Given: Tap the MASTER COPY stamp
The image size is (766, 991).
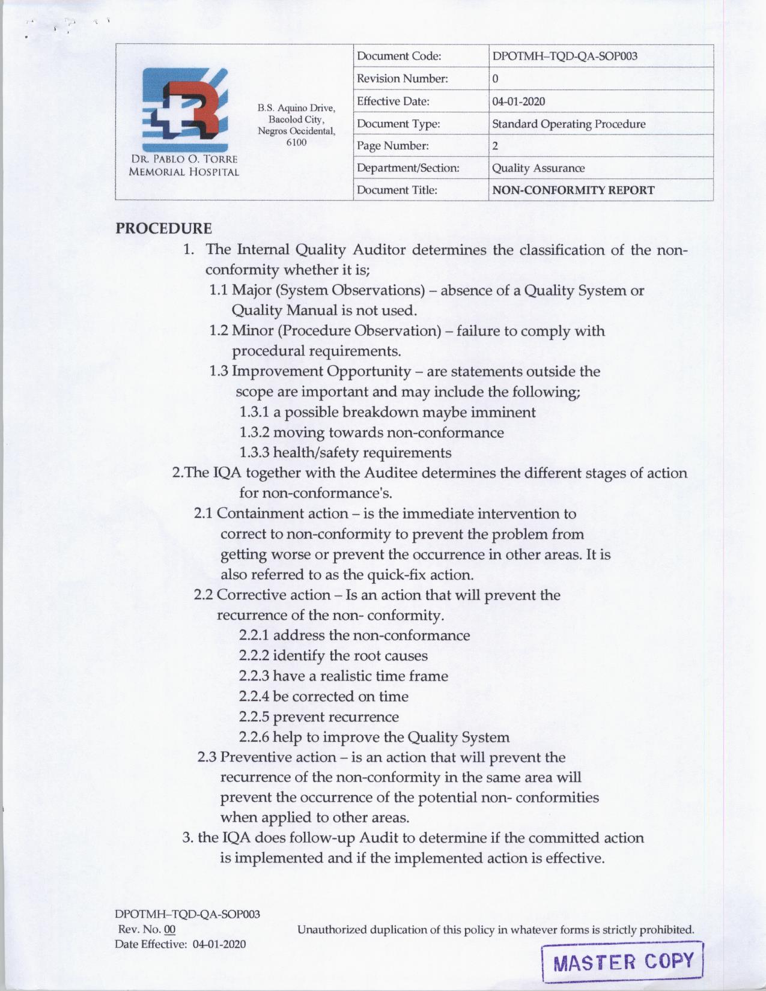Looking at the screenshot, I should pos(622,962).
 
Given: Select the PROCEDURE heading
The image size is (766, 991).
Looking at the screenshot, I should pos(163,228).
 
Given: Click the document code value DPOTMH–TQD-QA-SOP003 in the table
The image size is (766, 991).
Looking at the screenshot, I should pos(565,56).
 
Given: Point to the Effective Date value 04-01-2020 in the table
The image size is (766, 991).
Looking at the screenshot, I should pos(518,102).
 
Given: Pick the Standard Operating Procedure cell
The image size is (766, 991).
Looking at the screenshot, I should pos(568,124).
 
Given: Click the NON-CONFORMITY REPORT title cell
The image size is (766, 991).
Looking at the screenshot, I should pos(573,190).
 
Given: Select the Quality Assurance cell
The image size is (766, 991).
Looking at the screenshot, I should pos(538,168).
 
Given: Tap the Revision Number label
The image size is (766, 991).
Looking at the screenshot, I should pos(402,79).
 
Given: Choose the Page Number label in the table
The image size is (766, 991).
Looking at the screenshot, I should pos(392,146).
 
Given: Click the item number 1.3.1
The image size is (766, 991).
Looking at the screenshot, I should pos(254,413).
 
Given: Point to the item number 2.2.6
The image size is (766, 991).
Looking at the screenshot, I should pos(254,737).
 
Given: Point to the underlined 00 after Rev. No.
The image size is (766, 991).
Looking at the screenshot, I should pos(170,929).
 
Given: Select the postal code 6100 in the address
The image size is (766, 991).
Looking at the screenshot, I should pos(296,142).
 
